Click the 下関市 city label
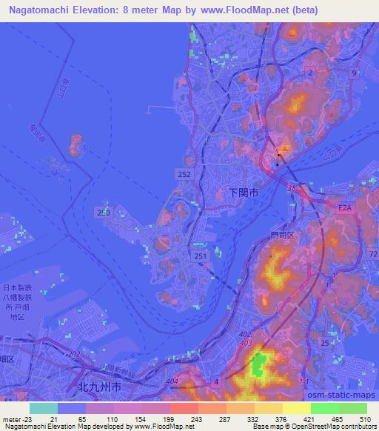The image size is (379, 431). click(243, 192)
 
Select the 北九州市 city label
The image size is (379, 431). click(98, 387)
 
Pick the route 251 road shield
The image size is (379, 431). click(199, 255)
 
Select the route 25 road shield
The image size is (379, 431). click(324, 343)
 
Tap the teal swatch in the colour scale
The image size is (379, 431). click(43, 407)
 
